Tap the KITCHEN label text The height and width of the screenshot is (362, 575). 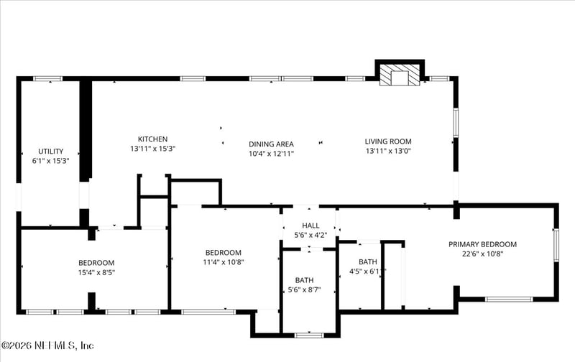coord(152,139)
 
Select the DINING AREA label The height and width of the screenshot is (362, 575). coord(271,144)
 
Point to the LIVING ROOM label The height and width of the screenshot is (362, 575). coord(388,141)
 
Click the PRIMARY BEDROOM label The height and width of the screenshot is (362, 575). coord(482,244)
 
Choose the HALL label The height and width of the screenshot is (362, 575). coord(310,226)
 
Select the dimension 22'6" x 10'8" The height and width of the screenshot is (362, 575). coord(482,254)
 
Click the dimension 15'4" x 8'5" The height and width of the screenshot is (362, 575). coord(96,273)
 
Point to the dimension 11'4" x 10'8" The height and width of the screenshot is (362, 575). coord(224,262)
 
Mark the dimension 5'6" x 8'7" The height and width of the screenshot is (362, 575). coord(304,289)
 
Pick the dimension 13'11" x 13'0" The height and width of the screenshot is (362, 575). coord(388,151)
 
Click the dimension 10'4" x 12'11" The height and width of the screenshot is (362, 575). coord(271,153)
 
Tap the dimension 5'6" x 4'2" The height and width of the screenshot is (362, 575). coord(310,235)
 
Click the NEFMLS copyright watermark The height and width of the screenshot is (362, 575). coord(47,345)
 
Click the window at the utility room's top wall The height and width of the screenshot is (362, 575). coord(48,78)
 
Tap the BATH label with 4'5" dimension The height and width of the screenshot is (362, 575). coord(367,261)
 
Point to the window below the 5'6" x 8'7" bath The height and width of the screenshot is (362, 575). coord(309,335)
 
